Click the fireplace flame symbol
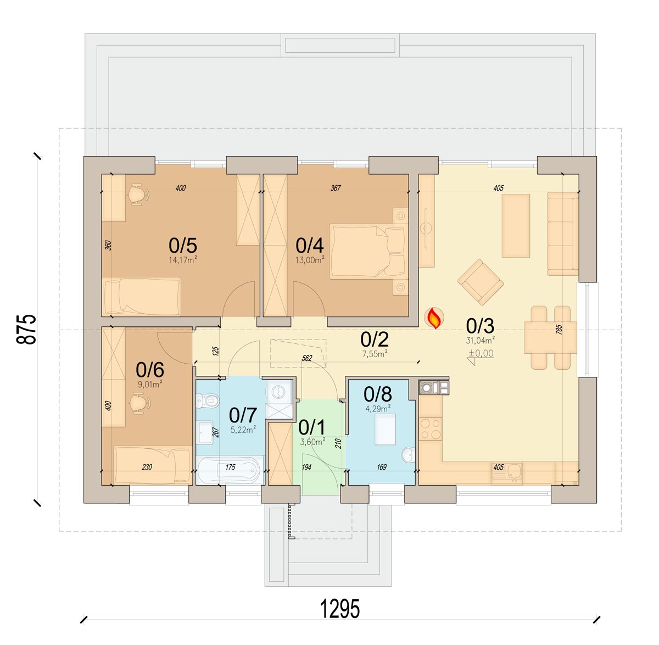[434, 318]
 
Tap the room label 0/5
[182, 246]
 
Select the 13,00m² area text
[310, 260]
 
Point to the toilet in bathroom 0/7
[208, 401]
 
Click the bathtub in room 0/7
[230, 470]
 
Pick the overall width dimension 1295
[339, 609]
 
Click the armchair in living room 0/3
[480, 282]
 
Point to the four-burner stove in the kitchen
[431, 429]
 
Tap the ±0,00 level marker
[481, 353]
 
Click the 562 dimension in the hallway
[307, 358]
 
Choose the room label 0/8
[378, 394]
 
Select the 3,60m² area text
[312, 442]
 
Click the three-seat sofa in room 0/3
[562, 233]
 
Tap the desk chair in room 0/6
[140, 403]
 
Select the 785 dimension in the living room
[559, 329]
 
